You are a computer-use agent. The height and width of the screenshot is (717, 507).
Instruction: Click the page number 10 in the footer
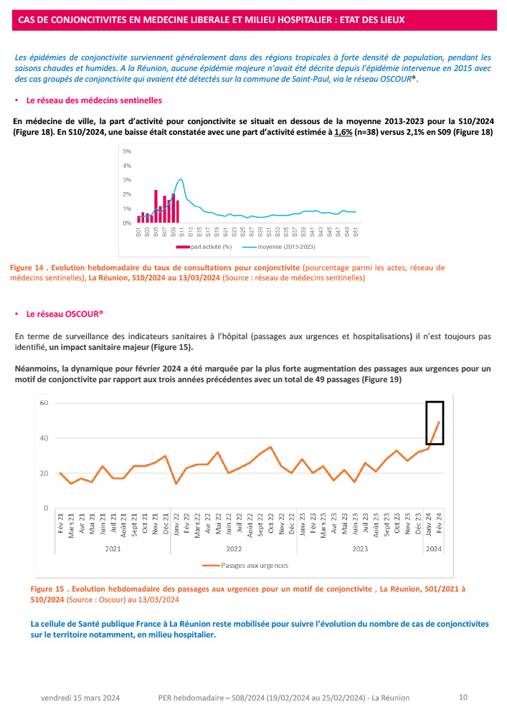pos(463,697)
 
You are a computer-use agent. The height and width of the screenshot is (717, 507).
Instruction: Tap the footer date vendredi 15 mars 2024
pos(80,698)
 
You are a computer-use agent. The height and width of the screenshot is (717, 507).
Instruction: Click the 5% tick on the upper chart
pos(126,151)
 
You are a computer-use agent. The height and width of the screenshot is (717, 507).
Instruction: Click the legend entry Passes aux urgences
pos(254,565)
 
